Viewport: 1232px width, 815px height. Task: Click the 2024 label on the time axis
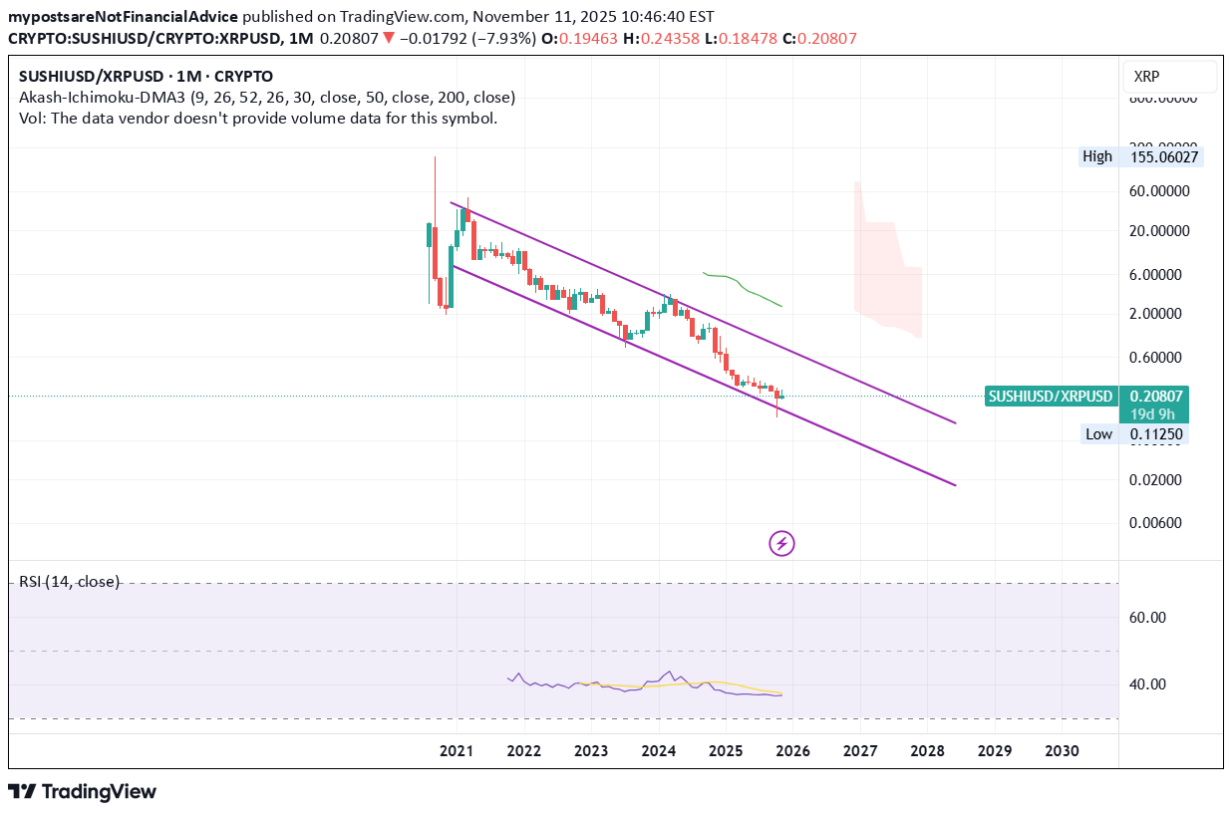click(658, 751)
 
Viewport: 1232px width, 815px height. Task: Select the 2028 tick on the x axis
click(927, 751)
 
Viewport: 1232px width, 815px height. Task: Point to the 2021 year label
click(456, 751)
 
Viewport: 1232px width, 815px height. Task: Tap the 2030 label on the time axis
click(1062, 751)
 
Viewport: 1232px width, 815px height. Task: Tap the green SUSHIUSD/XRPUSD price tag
click(1050, 397)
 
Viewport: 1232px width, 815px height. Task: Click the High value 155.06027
click(1165, 156)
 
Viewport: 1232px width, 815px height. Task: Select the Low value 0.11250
click(1156, 434)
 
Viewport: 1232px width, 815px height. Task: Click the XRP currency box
click(1168, 77)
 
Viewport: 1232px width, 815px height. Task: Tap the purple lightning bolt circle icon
click(782, 543)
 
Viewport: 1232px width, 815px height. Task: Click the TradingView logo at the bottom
click(83, 792)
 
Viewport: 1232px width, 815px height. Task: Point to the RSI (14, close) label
click(69, 582)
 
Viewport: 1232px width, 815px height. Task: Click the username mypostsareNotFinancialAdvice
click(123, 17)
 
